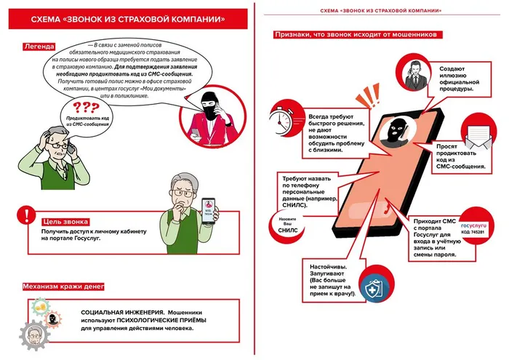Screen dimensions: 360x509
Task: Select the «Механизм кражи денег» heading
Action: pos(65,287)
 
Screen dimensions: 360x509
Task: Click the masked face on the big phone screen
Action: pos(396,132)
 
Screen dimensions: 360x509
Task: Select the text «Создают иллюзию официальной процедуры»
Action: pos(461,80)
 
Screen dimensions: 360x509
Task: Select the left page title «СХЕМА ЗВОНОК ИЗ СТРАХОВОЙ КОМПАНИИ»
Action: pos(128,18)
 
